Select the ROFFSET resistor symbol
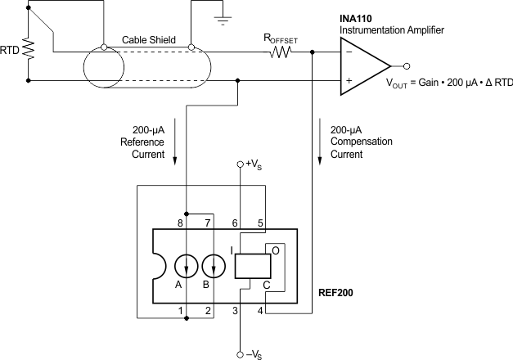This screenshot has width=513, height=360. point(281,52)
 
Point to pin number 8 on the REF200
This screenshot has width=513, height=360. point(180,223)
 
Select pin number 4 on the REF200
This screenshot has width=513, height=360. point(260,310)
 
